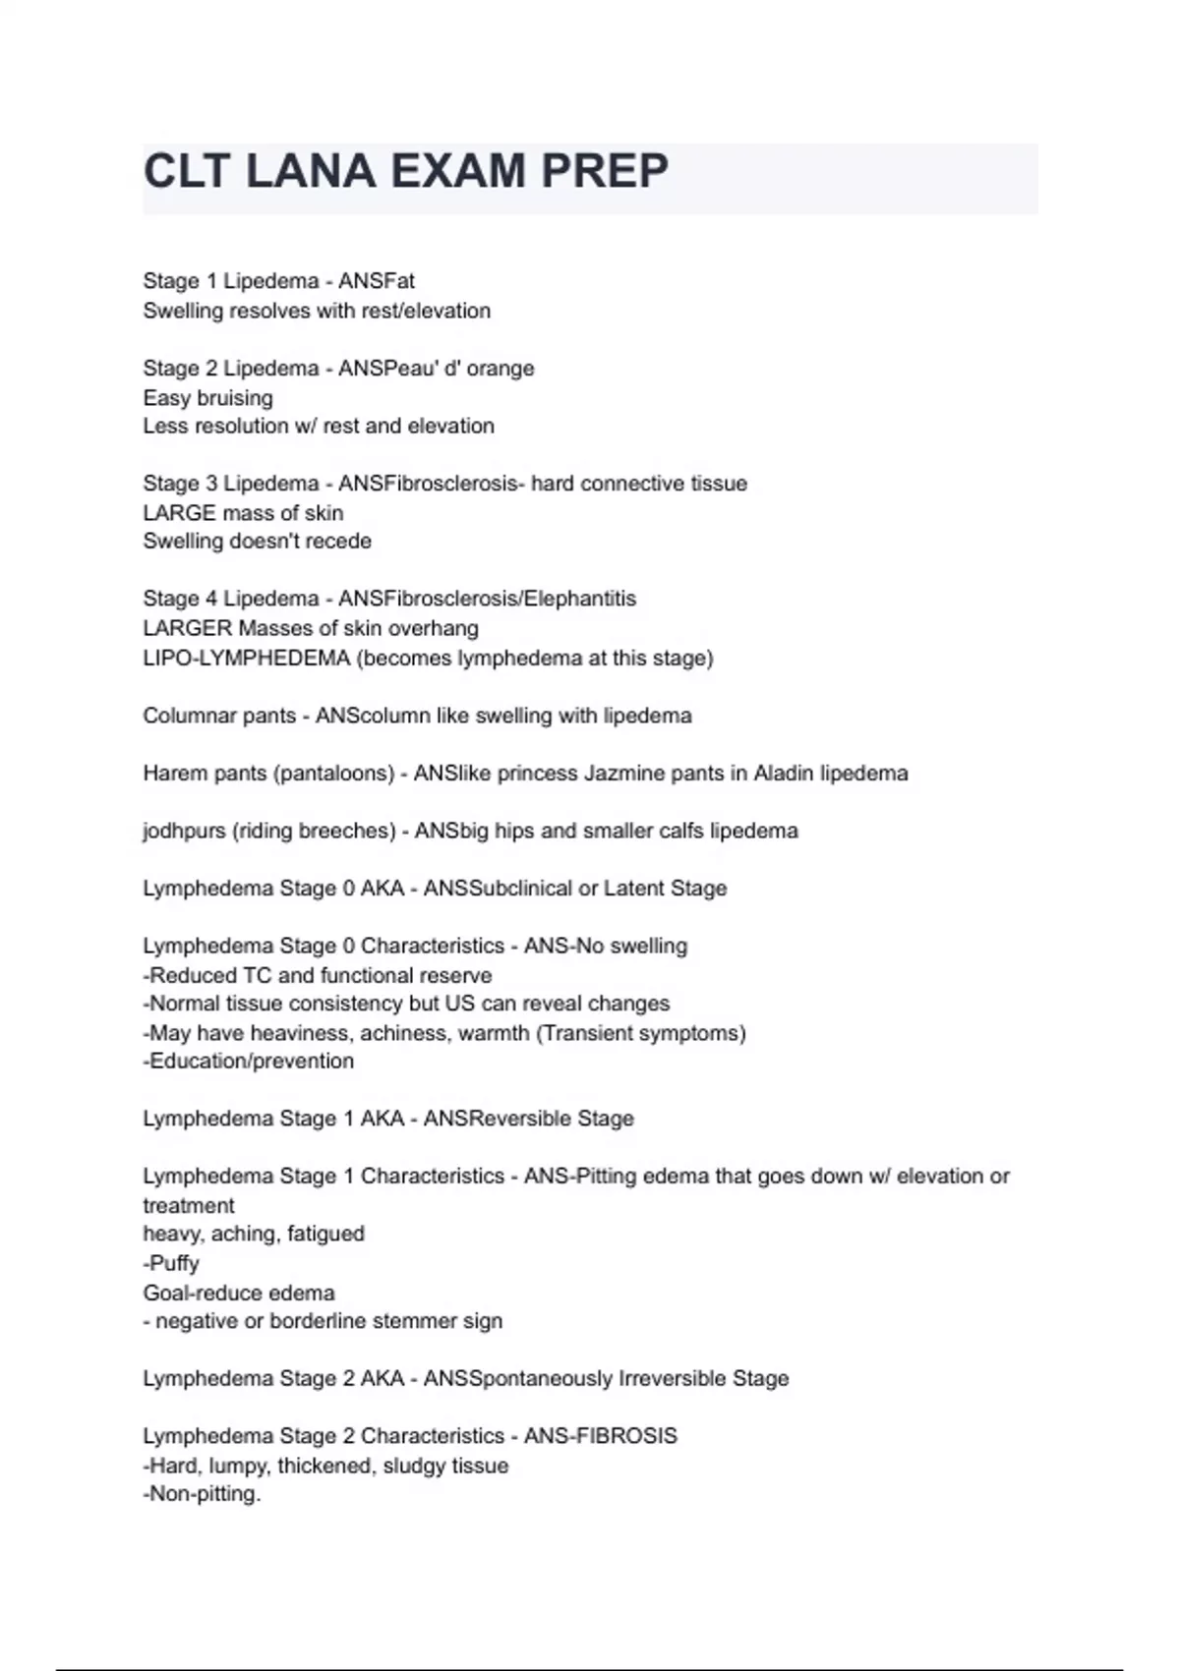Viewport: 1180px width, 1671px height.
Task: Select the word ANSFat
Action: (x=377, y=281)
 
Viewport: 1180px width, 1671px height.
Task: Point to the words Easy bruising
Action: (x=207, y=398)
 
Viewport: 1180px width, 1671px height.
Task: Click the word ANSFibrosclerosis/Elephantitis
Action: (x=487, y=599)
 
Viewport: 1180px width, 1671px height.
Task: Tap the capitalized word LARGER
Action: (x=187, y=628)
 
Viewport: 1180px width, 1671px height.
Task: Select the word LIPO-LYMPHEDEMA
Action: (x=246, y=658)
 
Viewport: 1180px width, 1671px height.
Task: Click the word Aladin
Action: (x=784, y=774)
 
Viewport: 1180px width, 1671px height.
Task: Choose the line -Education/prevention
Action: (x=248, y=1062)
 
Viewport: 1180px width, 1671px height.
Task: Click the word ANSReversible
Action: (x=497, y=1119)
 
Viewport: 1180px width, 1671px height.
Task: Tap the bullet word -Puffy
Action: (x=171, y=1263)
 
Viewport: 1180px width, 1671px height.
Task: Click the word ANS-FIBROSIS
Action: (x=600, y=1436)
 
